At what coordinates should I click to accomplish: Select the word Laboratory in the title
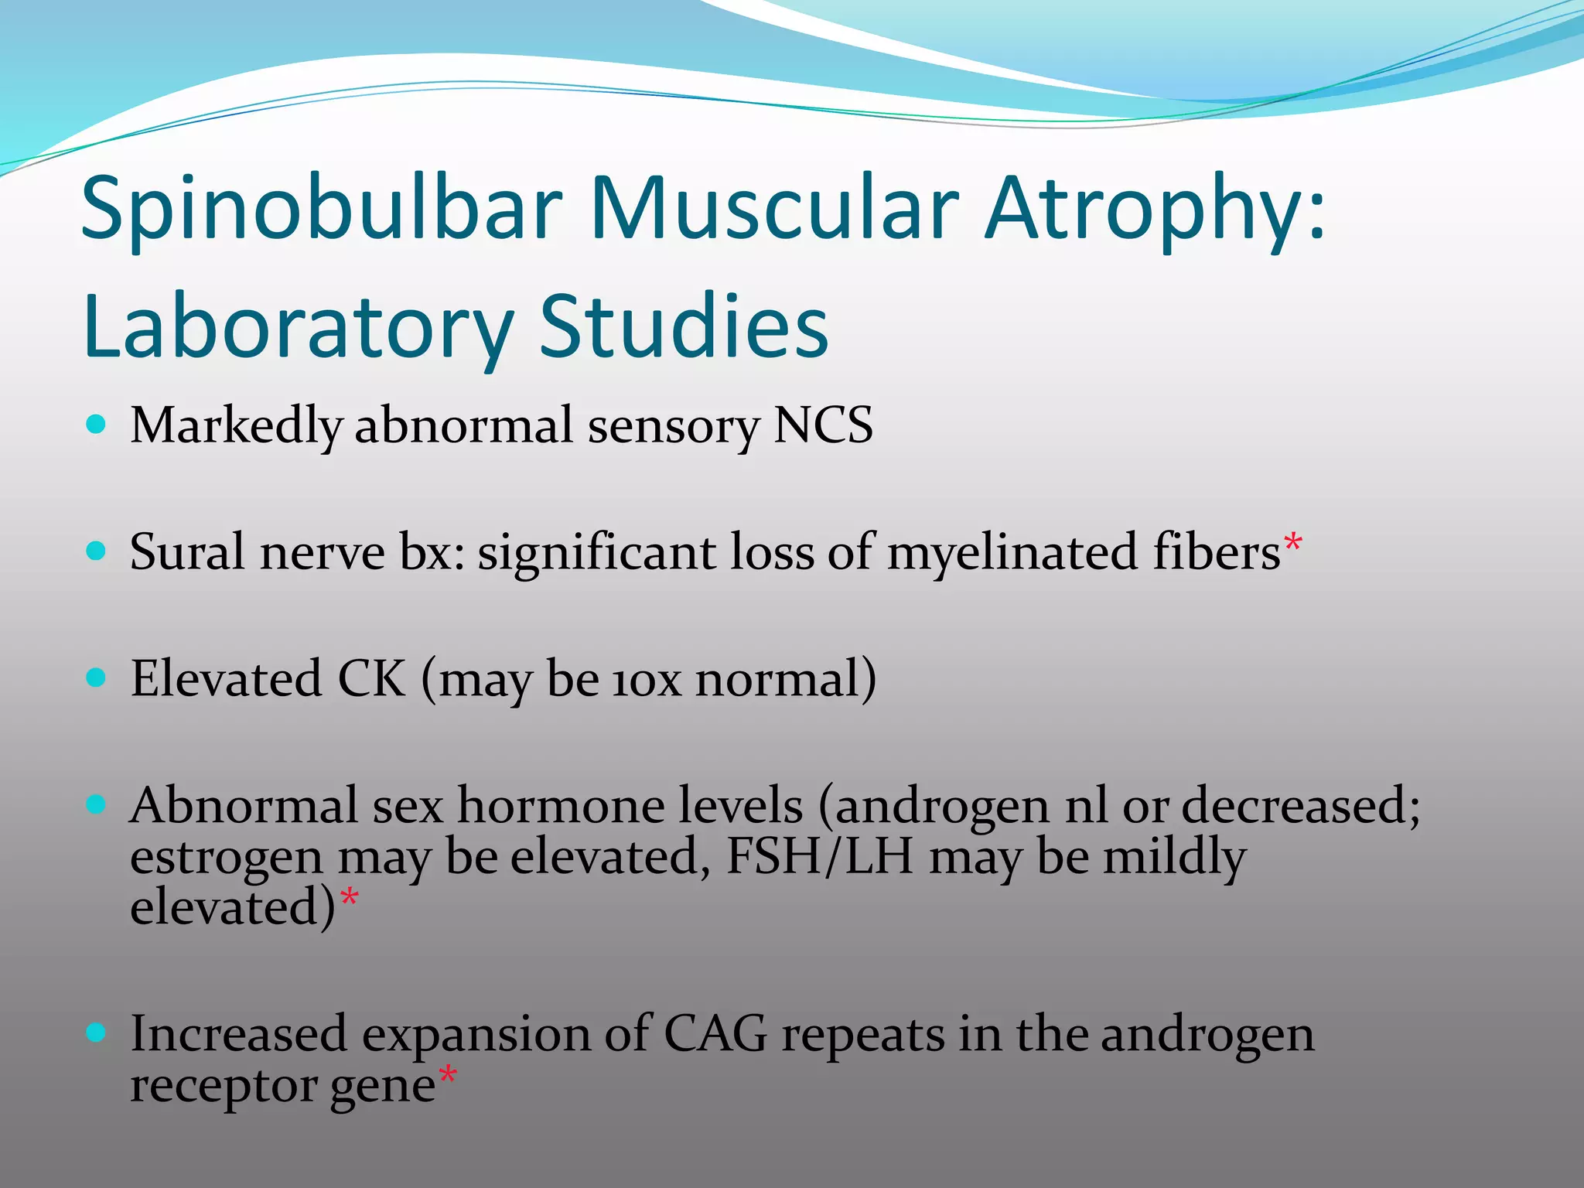(x=298, y=329)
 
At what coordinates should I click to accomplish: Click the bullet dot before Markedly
(x=96, y=424)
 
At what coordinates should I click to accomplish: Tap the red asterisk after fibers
(x=1293, y=543)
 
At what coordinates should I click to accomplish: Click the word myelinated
(x=1013, y=554)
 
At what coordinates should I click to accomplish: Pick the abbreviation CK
(x=371, y=678)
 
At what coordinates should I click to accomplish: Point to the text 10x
(x=647, y=680)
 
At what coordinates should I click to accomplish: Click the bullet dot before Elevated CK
(x=96, y=678)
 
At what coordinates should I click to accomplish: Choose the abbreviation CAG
(x=715, y=1033)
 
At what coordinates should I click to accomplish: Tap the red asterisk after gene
(x=448, y=1076)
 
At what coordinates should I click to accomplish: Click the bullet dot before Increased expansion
(x=96, y=1033)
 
